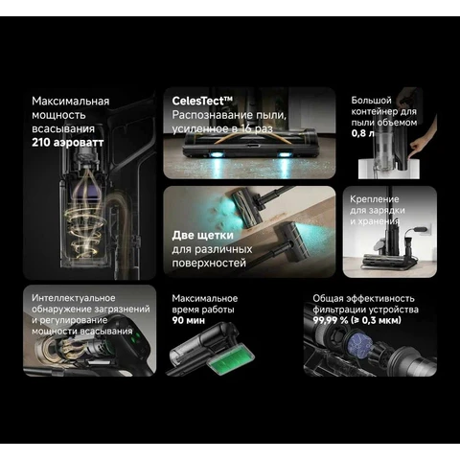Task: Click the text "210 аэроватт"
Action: click(x=68, y=143)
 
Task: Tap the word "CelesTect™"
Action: click(x=202, y=101)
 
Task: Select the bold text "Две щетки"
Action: click(x=203, y=236)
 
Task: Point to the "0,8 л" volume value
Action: click(x=362, y=133)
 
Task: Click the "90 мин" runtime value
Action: click(x=189, y=320)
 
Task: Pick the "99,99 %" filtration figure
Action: click(x=331, y=320)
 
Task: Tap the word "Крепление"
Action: click(x=375, y=199)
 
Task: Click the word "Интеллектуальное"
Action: click(x=74, y=298)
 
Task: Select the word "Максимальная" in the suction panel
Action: click(x=71, y=102)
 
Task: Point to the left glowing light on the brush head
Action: click(x=217, y=155)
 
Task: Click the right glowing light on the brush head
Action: click(x=284, y=155)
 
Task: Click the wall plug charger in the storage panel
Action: click(x=420, y=229)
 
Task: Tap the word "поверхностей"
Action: click(x=209, y=264)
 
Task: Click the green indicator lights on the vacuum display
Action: click(x=138, y=338)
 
